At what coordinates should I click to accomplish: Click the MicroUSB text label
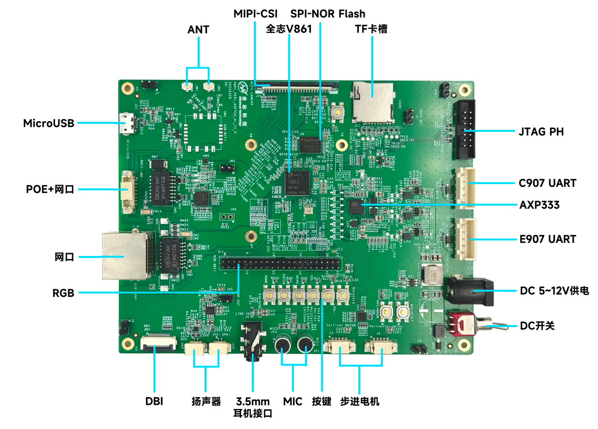click(x=49, y=123)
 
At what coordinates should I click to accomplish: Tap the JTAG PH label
click(x=540, y=131)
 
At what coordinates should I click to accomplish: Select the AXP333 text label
click(x=539, y=205)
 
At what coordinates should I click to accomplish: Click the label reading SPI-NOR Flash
click(x=328, y=13)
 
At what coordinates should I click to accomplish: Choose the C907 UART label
click(x=547, y=183)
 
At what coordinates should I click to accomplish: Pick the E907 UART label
click(x=547, y=239)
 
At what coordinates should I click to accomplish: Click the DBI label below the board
click(x=154, y=401)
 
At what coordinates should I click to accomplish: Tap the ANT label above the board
click(x=198, y=29)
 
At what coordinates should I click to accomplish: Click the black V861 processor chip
click(x=294, y=182)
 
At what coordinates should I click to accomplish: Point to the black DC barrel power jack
click(x=471, y=291)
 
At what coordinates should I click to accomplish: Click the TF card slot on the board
click(x=371, y=102)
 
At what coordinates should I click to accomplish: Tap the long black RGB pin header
click(x=281, y=263)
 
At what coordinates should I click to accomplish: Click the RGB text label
click(x=63, y=293)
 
